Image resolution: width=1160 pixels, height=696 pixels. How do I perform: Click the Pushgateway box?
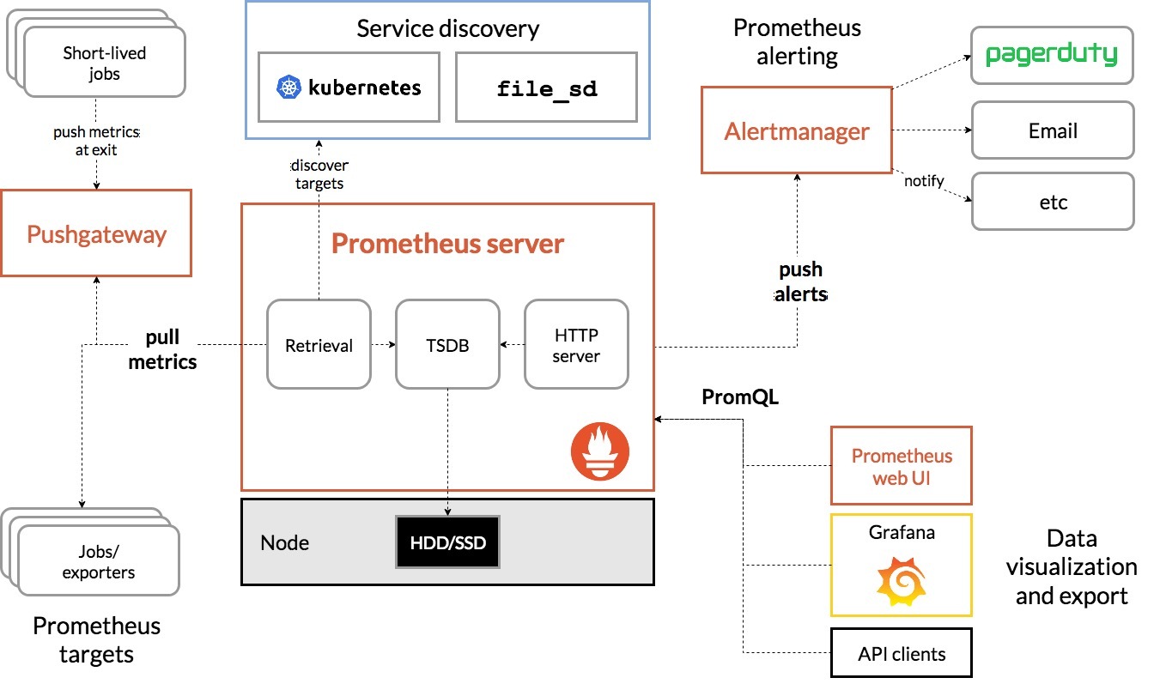[96, 234]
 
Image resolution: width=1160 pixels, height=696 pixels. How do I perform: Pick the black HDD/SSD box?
[447, 542]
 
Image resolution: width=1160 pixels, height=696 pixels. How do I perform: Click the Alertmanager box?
[797, 131]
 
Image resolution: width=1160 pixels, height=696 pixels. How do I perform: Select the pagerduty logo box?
[1052, 56]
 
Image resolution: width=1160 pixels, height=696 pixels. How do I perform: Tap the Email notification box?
[1052, 131]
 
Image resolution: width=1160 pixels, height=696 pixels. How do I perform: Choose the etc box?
[1052, 203]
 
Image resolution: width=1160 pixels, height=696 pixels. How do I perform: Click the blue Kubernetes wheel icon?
[288, 88]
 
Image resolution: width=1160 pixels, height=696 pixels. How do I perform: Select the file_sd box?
[547, 88]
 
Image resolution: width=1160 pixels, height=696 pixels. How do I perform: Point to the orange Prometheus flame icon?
[600, 453]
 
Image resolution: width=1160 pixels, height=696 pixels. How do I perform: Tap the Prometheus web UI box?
[901, 466]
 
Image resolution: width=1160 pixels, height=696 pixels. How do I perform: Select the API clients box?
[901, 654]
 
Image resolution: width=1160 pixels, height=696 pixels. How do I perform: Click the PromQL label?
[740, 397]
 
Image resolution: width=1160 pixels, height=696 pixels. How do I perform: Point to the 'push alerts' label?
[800, 282]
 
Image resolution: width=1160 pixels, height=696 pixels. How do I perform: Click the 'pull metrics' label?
[162, 350]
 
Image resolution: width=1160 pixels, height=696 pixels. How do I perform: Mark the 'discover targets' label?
[319, 174]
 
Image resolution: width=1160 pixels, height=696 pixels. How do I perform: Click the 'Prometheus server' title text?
[447, 244]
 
